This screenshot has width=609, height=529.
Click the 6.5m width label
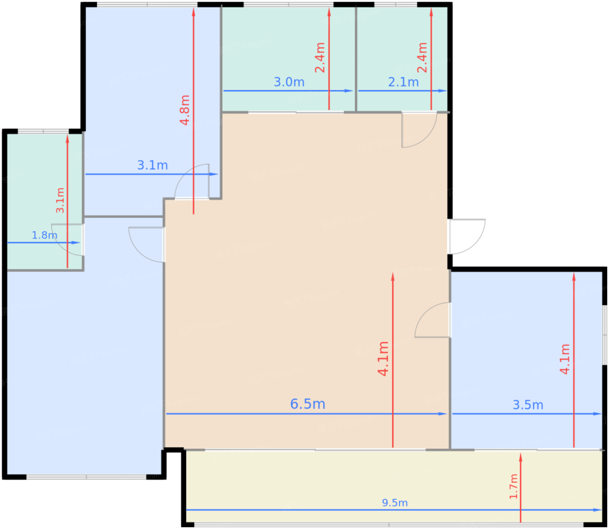click(x=308, y=404)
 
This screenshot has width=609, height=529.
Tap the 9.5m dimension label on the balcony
click(x=395, y=503)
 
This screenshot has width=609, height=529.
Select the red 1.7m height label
click(x=513, y=486)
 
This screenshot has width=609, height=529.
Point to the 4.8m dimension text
click(x=184, y=110)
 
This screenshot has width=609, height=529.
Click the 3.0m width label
click(x=289, y=82)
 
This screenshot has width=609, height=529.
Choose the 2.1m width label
click(x=403, y=82)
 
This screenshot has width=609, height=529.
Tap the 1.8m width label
click(x=44, y=235)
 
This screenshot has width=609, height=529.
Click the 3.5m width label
click(x=528, y=405)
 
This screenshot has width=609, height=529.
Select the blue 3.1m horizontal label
click(x=152, y=165)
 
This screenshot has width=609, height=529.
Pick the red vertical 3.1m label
click(x=60, y=200)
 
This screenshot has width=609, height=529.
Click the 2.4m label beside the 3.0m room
click(x=320, y=58)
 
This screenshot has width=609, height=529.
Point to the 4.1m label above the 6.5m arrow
click(x=383, y=359)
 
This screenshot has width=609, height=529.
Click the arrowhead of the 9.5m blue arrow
click(x=597, y=510)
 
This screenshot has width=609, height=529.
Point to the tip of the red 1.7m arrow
click(x=521, y=453)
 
